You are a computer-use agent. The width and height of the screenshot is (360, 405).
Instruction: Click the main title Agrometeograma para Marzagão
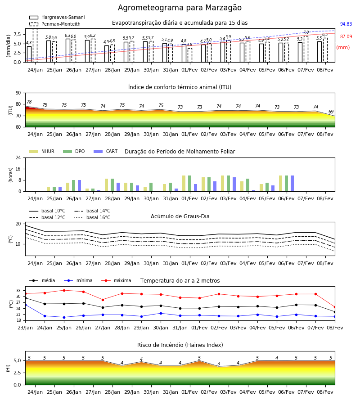tap(180, 8)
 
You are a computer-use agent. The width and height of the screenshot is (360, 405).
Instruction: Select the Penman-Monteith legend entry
tap(55, 24)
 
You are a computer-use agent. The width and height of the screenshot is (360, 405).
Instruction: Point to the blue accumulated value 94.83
tap(346, 24)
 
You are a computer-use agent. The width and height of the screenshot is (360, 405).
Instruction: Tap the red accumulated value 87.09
tap(346, 37)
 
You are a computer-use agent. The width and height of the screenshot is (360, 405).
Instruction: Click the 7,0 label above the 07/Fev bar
tap(306, 32)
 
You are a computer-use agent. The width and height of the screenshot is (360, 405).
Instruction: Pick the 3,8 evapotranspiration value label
tap(189, 45)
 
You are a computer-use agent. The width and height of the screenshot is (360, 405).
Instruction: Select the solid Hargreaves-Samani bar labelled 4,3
tap(29, 54)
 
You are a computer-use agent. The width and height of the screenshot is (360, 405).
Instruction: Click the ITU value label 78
tap(29, 102)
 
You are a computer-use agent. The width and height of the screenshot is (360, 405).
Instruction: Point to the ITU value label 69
tap(331, 112)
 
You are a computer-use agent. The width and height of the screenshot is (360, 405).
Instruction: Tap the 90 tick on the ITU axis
tap(18, 93)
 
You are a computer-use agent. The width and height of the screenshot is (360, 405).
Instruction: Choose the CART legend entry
tap(106, 151)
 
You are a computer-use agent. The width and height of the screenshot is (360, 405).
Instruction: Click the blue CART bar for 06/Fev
tap(292, 184)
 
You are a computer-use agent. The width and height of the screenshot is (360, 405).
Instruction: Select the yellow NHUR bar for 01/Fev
tap(184, 184)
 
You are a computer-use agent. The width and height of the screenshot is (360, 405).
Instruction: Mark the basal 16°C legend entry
tap(92, 217)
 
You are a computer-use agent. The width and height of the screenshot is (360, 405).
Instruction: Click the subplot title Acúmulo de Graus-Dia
tap(180, 216)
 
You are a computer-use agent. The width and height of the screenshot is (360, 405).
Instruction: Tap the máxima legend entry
tap(116, 280)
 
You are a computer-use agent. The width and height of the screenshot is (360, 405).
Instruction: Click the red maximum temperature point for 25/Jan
tap(64, 290)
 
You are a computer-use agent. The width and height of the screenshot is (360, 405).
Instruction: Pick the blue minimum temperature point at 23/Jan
tap(25, 305)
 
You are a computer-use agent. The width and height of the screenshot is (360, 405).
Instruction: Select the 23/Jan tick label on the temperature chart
tap(25, 328)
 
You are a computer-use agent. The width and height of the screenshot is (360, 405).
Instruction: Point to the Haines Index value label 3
tap(219, 364)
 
